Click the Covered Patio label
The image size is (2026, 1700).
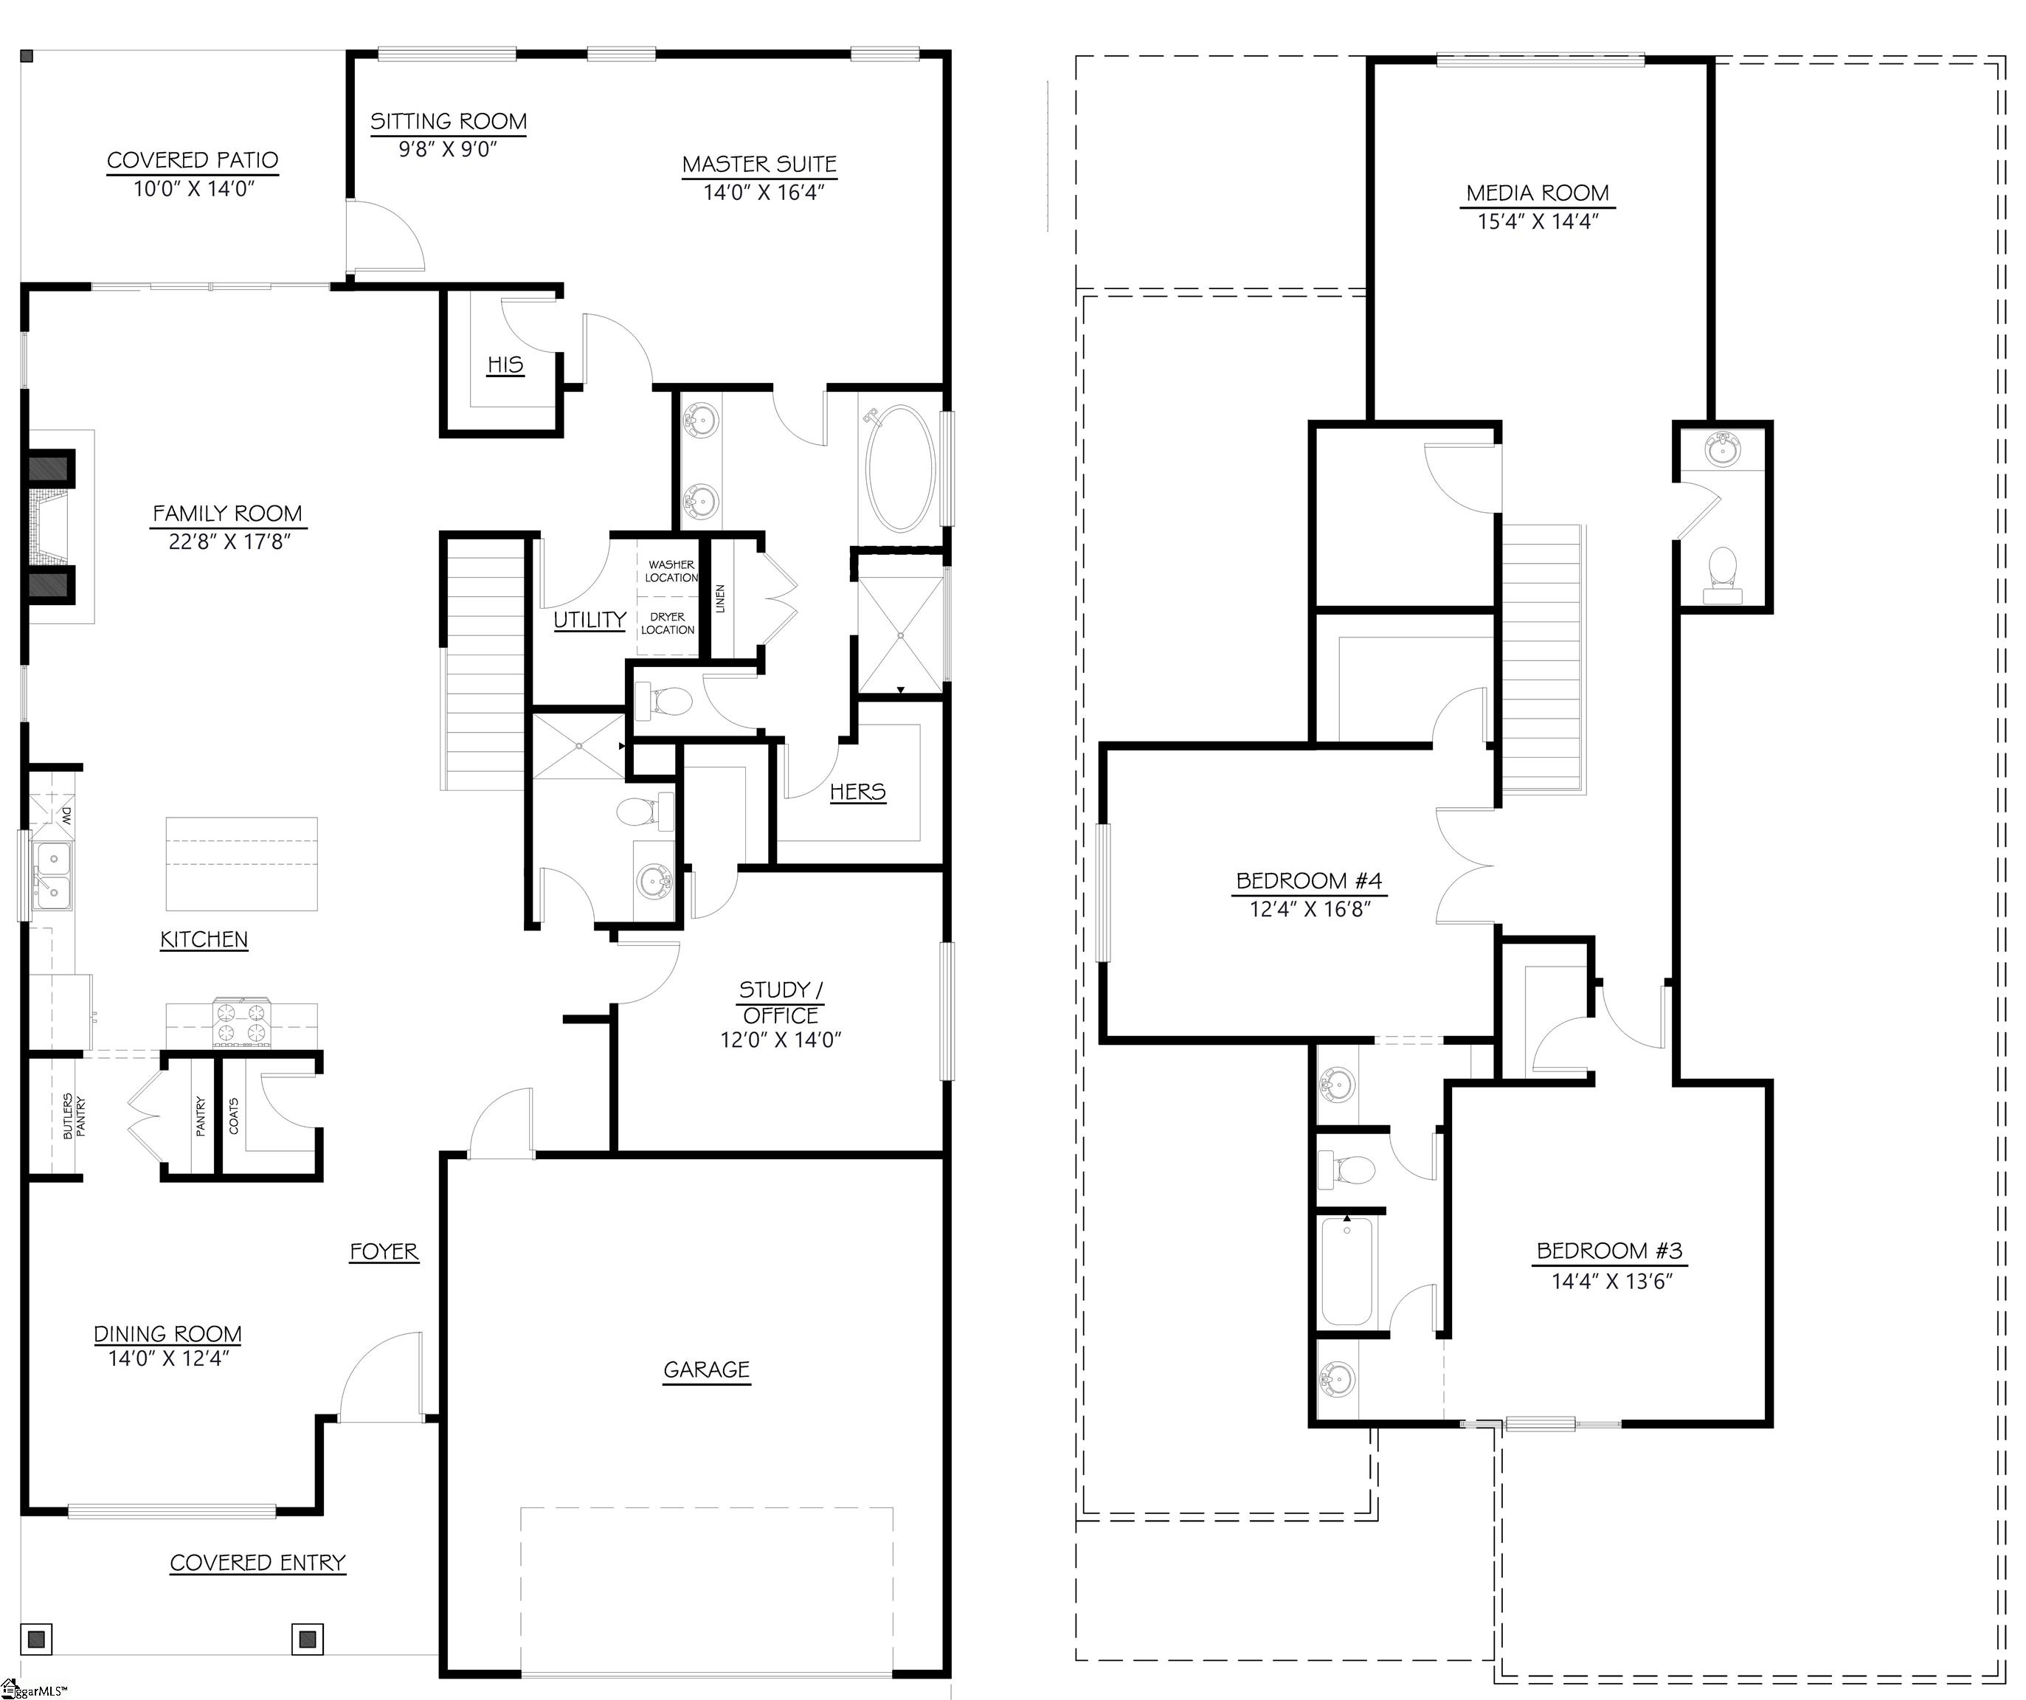click(193, 160)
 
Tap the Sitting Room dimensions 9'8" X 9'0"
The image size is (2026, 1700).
click(448, 150)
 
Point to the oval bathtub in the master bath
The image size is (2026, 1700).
click(901, 468)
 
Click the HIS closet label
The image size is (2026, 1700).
click(505, 364)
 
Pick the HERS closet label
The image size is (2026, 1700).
click(857, 792)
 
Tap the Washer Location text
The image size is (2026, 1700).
click(671, 571)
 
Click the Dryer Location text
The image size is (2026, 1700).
click(668, 623)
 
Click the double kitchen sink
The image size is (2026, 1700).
click(53, 875)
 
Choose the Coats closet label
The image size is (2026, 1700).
click(233, 1116)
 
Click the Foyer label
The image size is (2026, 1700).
click(384, 1251)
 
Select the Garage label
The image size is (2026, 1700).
click(706, 1370)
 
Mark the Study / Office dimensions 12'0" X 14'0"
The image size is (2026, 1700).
click(781, 1040)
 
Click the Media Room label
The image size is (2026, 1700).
click(1538, 194)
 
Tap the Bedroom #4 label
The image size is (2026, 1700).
click(1309, 881)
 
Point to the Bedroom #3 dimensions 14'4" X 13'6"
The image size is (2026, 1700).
click(1611, 1281)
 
